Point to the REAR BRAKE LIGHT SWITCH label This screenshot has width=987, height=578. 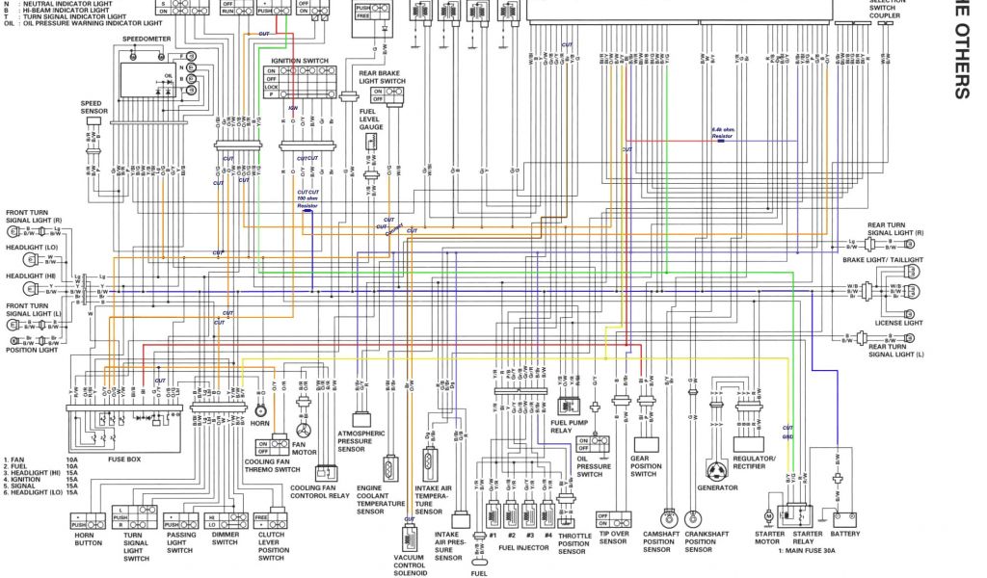(381, 76)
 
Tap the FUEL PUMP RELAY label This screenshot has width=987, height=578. (569, 425)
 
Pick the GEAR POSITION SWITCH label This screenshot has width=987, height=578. (644, 465)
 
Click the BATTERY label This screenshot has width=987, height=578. (845, 533)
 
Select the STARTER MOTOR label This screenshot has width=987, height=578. (768, 538)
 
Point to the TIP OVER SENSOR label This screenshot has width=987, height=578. (614, 538)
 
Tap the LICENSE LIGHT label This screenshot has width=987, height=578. (899, 323)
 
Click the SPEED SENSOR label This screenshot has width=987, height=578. (92, 106)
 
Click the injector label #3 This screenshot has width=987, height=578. (529, 534)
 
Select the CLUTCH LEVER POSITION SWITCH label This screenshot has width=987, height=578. (272, 547)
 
